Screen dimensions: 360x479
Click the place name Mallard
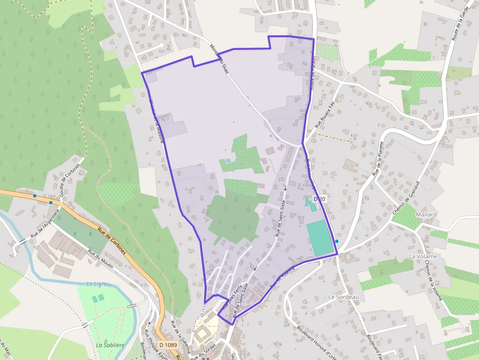pyautogui.click(x=426, y=214)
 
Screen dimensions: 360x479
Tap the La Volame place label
pyautogui.click(x=423, y=256)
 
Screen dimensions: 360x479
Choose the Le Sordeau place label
pyautogui.click(x=344, y=297)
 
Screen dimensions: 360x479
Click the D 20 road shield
pyautogui.click(x=320, y=199)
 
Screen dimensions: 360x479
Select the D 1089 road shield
pyautogui.click(x=168, y=345)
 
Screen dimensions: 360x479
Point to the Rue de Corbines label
pyautogui.click(x=111, y=242)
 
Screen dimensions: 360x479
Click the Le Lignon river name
pyautogui.click(x=99, y=284)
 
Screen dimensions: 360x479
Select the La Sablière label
pyautogui.click(x=110, y=345)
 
